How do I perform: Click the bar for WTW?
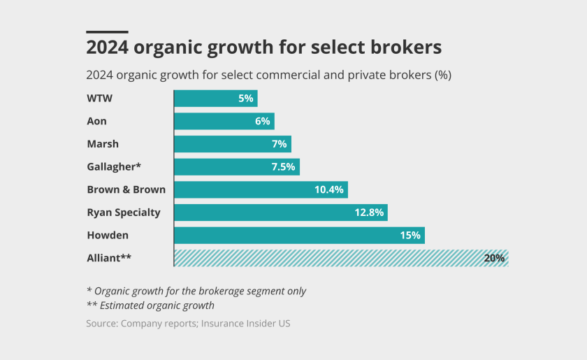click(x=215, y=99)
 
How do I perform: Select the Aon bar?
click(x=224, y=122)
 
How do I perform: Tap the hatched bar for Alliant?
click(x=340, y=258)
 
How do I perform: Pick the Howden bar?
click(x=299, y=236)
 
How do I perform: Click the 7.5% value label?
click(x=282, y=167)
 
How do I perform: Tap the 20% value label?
click(x=494, y=258)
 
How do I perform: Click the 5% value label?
click(x=245, y=99)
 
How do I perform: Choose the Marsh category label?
click(x=103, y=144)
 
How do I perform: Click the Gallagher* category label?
click(x=113, y=167)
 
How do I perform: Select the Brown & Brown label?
click(x=126, y=189)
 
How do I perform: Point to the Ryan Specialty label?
click(x=123, y=213)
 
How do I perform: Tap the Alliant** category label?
click(x=109, y=258)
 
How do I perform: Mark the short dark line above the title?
click(x=107, y=32)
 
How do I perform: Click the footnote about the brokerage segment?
click(x=196, y=291)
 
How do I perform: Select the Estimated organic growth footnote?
click(x=150, y=305)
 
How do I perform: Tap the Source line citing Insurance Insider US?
click(x=188, y=323)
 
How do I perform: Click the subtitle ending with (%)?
click(x=268, y=75)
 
